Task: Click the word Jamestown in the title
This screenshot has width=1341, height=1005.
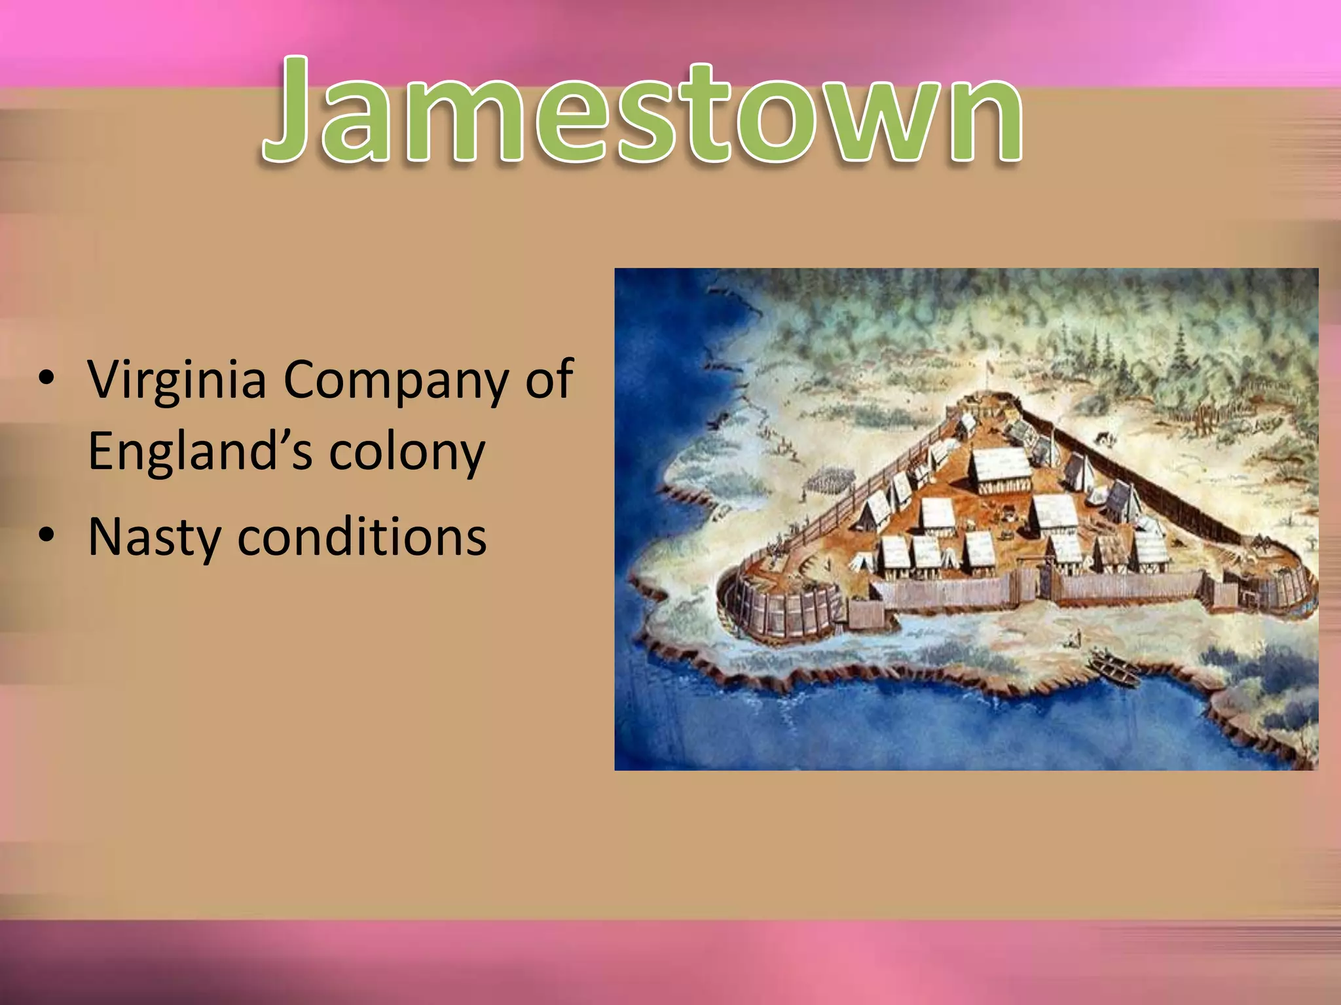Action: pos(642,111)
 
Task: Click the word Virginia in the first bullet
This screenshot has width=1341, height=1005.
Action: pos(177,379)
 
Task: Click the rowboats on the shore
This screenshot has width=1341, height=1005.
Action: pos(1113,669)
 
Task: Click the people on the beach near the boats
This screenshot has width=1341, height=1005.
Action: pos(1074,638)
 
